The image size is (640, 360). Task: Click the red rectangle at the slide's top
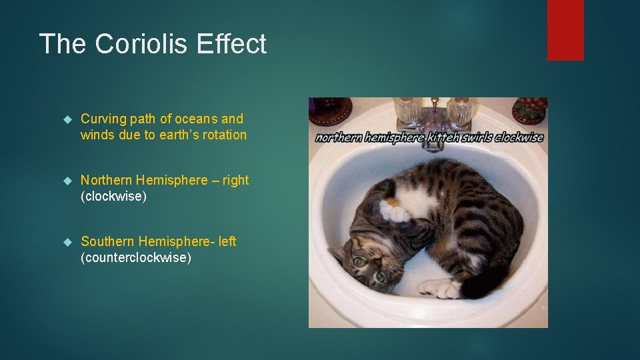565,30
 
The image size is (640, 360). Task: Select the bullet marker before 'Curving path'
66,119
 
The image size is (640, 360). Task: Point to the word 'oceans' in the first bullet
195,119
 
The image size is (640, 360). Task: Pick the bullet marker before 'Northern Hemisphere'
66,181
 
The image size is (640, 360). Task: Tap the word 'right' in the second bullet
236,180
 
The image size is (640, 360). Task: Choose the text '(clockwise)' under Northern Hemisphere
113,197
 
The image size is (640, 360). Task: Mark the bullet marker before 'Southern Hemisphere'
66,242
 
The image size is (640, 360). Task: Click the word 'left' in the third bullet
227,241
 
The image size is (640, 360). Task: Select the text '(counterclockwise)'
136,258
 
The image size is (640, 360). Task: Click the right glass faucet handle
461,111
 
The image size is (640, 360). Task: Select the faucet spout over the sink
434,143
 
